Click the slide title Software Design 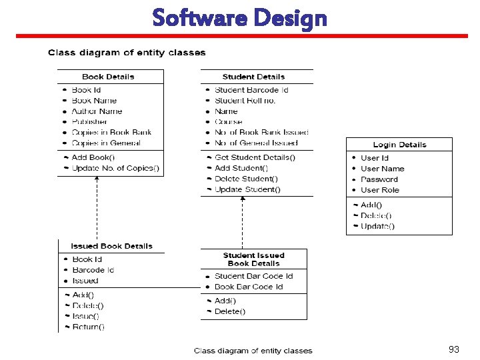(239, 18)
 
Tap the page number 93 (454, 349)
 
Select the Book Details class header (108, 77)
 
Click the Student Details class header (253, 77)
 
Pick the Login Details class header (399, 145)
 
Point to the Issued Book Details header (111, 246)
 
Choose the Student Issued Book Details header (253, 259)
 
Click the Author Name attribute (97, 111)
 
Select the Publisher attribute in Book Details (89, 122)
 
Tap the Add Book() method (93, 158)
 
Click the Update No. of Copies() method (115, 169)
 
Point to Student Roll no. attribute (245, 101)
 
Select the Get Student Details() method (255, 158)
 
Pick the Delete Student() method (246, 179)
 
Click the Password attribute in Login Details (379, 179)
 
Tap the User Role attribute (380, 190)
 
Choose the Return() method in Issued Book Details (88, 327)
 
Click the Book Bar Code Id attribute (249, 287)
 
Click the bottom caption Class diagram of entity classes (253, 351)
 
